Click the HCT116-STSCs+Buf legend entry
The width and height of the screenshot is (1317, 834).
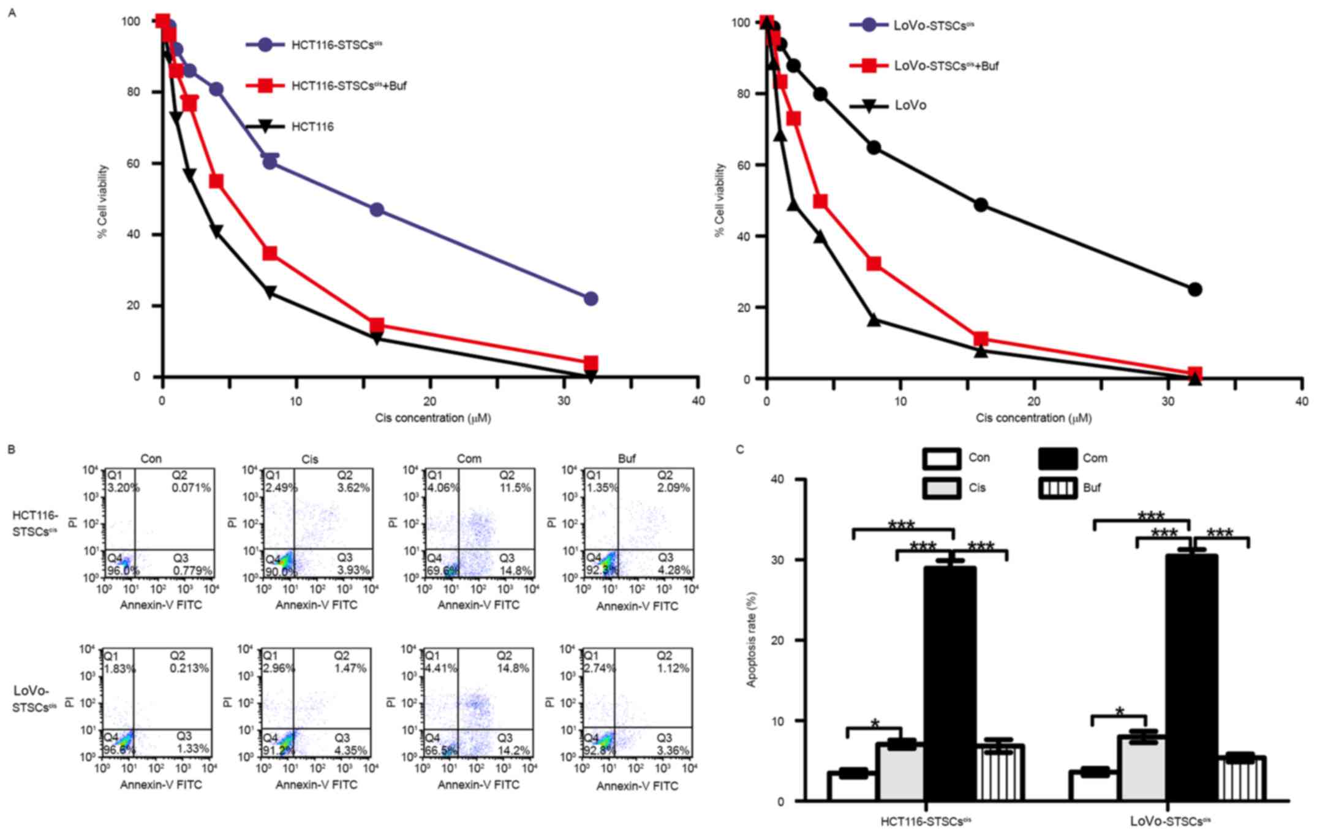349,86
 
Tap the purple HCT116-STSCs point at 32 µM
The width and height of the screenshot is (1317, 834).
591,299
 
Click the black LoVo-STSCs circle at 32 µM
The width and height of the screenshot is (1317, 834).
1194,289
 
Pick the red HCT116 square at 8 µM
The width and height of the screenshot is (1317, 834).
270,253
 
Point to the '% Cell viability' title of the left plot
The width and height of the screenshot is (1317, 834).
103,201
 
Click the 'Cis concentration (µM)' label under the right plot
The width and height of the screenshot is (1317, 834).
1033,418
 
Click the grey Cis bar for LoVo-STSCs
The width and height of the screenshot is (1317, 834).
1142,768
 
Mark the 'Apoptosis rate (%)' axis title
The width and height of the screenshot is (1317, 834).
752,639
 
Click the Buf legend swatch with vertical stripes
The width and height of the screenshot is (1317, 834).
1057,488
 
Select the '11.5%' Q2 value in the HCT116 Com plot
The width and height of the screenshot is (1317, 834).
515,488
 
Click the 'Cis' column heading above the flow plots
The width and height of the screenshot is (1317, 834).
310,459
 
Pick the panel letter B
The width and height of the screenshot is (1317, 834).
12,449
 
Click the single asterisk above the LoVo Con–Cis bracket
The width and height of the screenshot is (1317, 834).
1120,712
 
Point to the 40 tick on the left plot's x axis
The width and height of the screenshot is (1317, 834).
698,401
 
